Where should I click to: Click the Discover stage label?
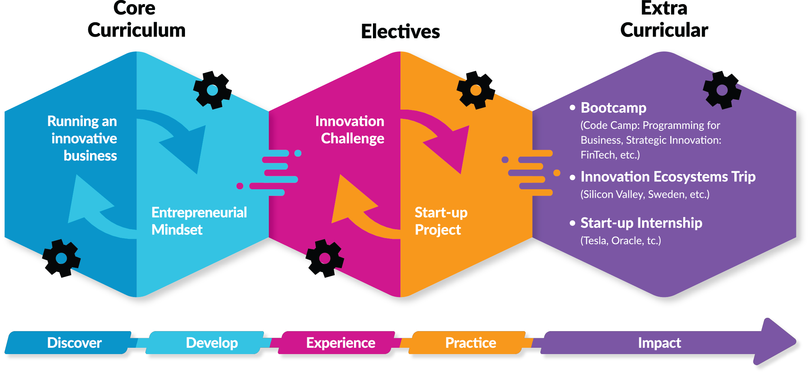pos(74,343)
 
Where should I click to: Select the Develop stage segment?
pos(212,343)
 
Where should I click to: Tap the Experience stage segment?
pos(340,343)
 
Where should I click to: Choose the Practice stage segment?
pos(470,343)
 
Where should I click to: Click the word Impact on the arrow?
pos(659,343)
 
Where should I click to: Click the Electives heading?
pos(400,31)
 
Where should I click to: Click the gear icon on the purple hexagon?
pos(721,90)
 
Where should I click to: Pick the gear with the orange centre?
pos(475,90)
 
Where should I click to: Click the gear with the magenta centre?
pos(325,258)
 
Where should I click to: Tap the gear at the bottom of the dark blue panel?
pos(61,258)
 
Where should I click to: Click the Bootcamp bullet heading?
pos(613,108)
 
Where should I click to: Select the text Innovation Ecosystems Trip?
pos(668,177)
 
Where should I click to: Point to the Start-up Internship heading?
pos(641,223)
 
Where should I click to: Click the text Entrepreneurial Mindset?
pos(199,221)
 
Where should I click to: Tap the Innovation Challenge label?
pos(350,130)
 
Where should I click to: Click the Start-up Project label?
pos(440,221)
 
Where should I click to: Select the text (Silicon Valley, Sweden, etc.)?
pos(645,194)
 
